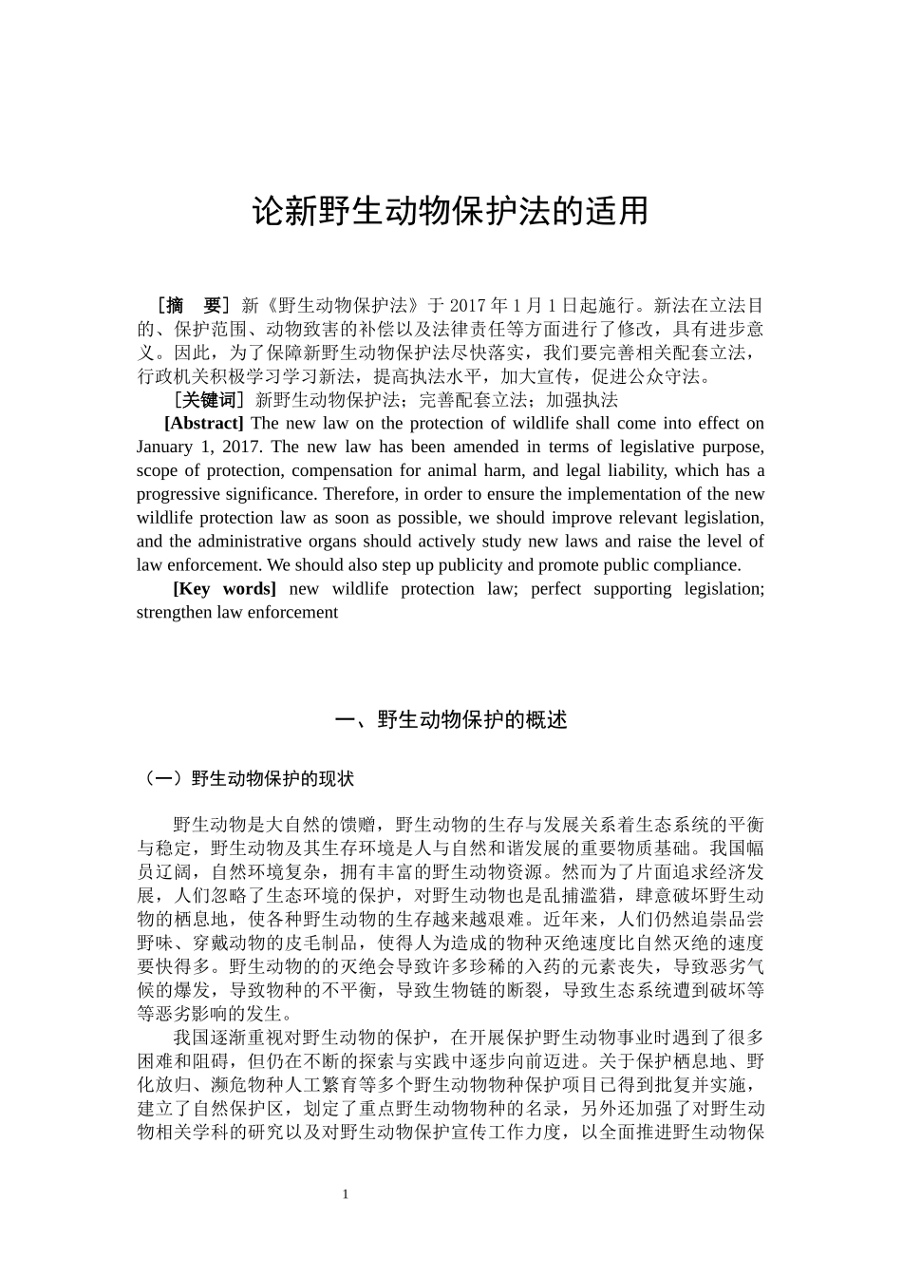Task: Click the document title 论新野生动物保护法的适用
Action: point(450,212)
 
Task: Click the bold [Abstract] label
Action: point(204,424)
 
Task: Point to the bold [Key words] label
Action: point(225,589)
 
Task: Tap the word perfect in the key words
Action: point(555,589)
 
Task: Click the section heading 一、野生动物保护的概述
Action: point(451,720)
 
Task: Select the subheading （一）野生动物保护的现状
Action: point(247,779)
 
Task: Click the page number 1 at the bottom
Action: point(346,1194)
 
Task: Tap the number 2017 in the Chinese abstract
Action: point(466,306)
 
